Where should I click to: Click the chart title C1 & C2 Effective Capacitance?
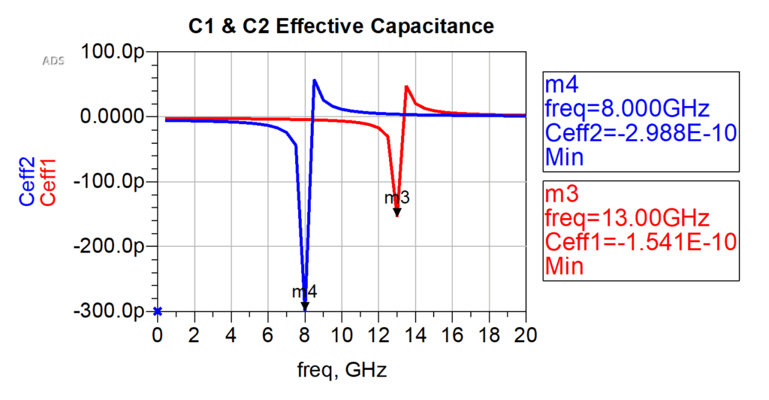point(341,27)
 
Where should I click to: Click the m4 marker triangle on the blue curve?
point(305,306)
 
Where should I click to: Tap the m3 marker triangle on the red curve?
point(397,213)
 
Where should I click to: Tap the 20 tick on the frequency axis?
point(525,334)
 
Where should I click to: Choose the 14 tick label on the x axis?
point(415,334)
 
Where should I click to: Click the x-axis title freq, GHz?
point(341,370)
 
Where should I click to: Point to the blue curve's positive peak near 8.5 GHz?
point(314,80)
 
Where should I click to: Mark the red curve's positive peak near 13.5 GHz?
point(406,86)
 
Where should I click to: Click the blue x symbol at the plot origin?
point(158,311)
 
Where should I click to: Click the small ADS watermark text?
point(53,60)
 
